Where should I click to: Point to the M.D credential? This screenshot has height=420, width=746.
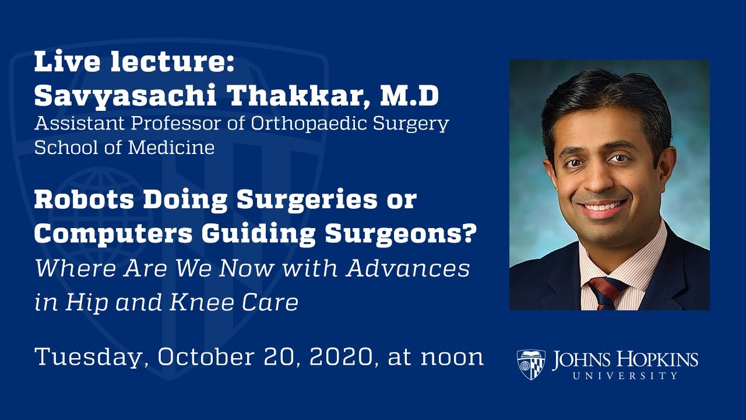pos(409,97)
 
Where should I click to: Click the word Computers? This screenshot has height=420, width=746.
pos(109,234)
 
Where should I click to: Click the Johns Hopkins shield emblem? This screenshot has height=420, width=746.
pos(531,364)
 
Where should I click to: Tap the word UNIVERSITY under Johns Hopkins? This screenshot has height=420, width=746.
pos(625,376)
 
